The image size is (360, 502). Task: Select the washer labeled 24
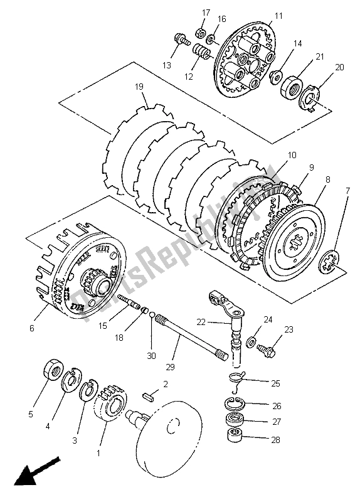click(250, 341)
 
